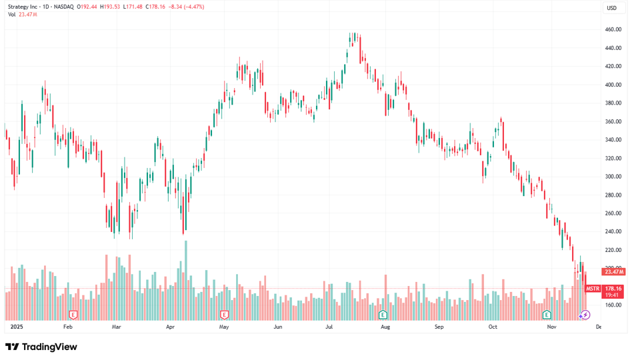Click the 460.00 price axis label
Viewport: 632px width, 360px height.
613,29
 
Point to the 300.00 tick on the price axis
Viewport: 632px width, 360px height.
613,177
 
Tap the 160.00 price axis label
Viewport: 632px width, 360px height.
613,305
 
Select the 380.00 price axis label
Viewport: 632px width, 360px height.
613,103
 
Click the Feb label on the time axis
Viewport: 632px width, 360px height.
67,327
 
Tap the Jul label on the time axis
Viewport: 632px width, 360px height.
329,327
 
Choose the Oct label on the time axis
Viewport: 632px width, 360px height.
493,327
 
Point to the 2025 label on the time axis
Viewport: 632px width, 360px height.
17,327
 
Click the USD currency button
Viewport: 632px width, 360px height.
611,7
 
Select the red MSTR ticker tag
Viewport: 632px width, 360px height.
593,289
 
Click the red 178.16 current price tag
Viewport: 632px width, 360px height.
613,289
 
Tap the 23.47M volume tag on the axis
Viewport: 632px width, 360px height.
613,271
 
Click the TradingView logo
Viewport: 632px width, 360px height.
41,347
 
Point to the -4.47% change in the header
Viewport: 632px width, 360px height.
195,7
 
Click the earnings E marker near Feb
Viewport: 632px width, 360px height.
73,314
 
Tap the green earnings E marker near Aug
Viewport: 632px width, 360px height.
383,314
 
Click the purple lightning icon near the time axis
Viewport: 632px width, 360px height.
585,315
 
